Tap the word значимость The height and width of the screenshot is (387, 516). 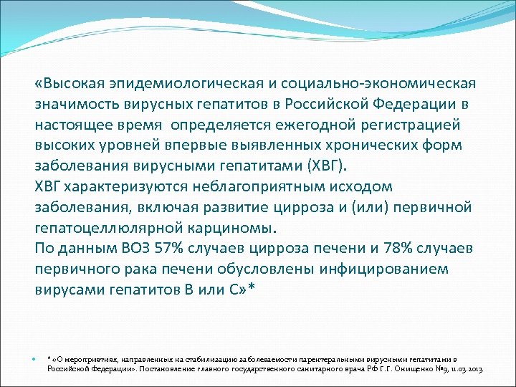(78, 104)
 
